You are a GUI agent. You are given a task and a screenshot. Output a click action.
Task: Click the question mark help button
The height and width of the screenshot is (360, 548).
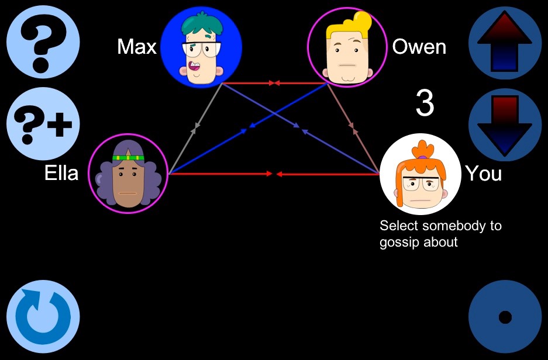point(43,42)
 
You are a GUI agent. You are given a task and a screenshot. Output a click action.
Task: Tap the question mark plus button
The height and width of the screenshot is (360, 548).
point(43,124)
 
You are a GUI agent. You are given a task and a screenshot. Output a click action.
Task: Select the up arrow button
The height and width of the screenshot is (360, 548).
point(505,42)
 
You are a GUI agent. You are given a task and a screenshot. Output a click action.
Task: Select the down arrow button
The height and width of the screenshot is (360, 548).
point(505,124)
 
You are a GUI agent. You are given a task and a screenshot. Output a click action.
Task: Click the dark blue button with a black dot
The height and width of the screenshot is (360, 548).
point(505,317)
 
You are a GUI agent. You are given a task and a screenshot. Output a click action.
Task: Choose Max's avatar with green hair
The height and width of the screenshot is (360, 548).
point(201,48)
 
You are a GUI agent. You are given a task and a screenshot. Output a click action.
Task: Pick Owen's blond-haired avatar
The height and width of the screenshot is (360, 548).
point(347,47)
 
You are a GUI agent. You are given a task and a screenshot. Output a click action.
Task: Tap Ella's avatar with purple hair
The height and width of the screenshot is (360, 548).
point(128,173)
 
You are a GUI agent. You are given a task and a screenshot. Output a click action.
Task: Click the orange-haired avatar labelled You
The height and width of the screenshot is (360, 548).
point(420,174)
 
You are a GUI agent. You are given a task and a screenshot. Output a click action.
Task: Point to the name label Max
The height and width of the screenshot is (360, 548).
point(137,46)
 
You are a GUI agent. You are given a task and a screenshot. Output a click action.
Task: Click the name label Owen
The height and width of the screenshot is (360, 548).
point(419,46)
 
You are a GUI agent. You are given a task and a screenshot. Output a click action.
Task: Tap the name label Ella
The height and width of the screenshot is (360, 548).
point(61,172)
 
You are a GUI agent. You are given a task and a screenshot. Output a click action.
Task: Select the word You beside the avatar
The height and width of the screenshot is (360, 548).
point(484,173)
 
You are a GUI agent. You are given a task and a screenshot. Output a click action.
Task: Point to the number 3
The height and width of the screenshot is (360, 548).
point(425,103)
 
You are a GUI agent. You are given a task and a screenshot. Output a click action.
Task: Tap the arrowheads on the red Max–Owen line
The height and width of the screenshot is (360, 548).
point(274,83)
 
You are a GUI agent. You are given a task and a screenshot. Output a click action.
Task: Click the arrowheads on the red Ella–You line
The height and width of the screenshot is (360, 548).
point(274,174)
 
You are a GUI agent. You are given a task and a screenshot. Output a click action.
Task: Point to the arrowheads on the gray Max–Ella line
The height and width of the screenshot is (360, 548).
point(195,128)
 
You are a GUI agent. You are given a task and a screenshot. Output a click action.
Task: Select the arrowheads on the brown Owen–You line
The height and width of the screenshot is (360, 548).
point(353,128)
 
